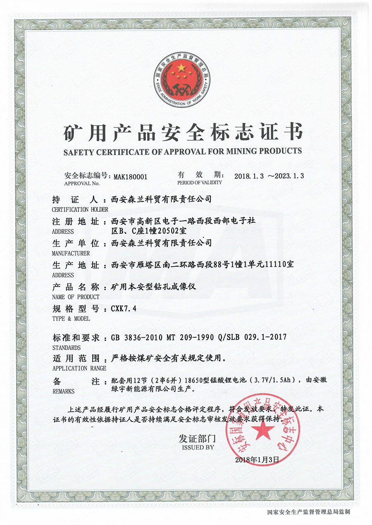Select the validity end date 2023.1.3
tap(287, 175)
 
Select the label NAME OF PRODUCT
tap(76, 297)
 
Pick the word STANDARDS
tap(67, 348)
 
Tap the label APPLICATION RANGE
tap(79, 368)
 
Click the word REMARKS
tap(64, 391)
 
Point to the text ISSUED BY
tap(197, 447)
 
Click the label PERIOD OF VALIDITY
tap(200, 182)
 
